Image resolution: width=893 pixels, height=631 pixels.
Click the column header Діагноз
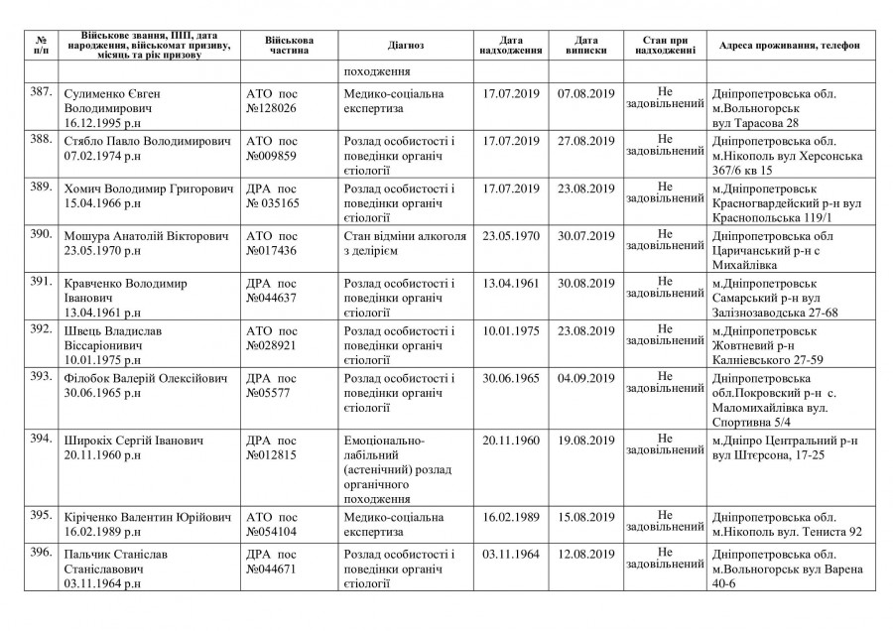pos(406,46)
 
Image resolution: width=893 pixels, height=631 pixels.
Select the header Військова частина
pos(289,46)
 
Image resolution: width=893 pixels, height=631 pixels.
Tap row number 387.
pos(41,92)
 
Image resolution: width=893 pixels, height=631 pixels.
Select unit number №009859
pos(271,156)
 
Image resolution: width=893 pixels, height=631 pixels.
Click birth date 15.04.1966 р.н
pos(104,202)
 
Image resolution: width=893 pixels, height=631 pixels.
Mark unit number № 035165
pos(273,202)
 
